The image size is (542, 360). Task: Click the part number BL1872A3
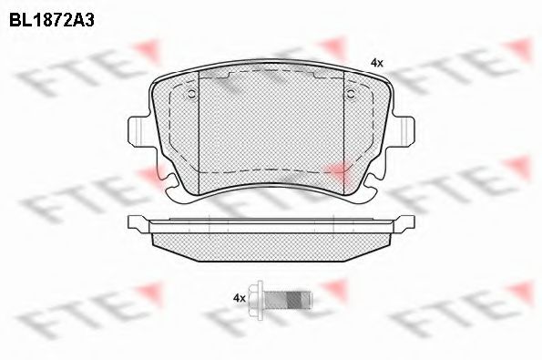point(52,21)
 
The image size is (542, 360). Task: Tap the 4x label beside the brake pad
point(377,63)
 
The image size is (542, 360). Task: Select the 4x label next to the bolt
point(240,298)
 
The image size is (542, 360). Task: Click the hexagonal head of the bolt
point(257,299)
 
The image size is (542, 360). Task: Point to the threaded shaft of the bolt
point(289,299)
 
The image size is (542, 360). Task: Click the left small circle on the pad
point(191,93)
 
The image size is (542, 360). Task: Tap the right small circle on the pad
point(351,93)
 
